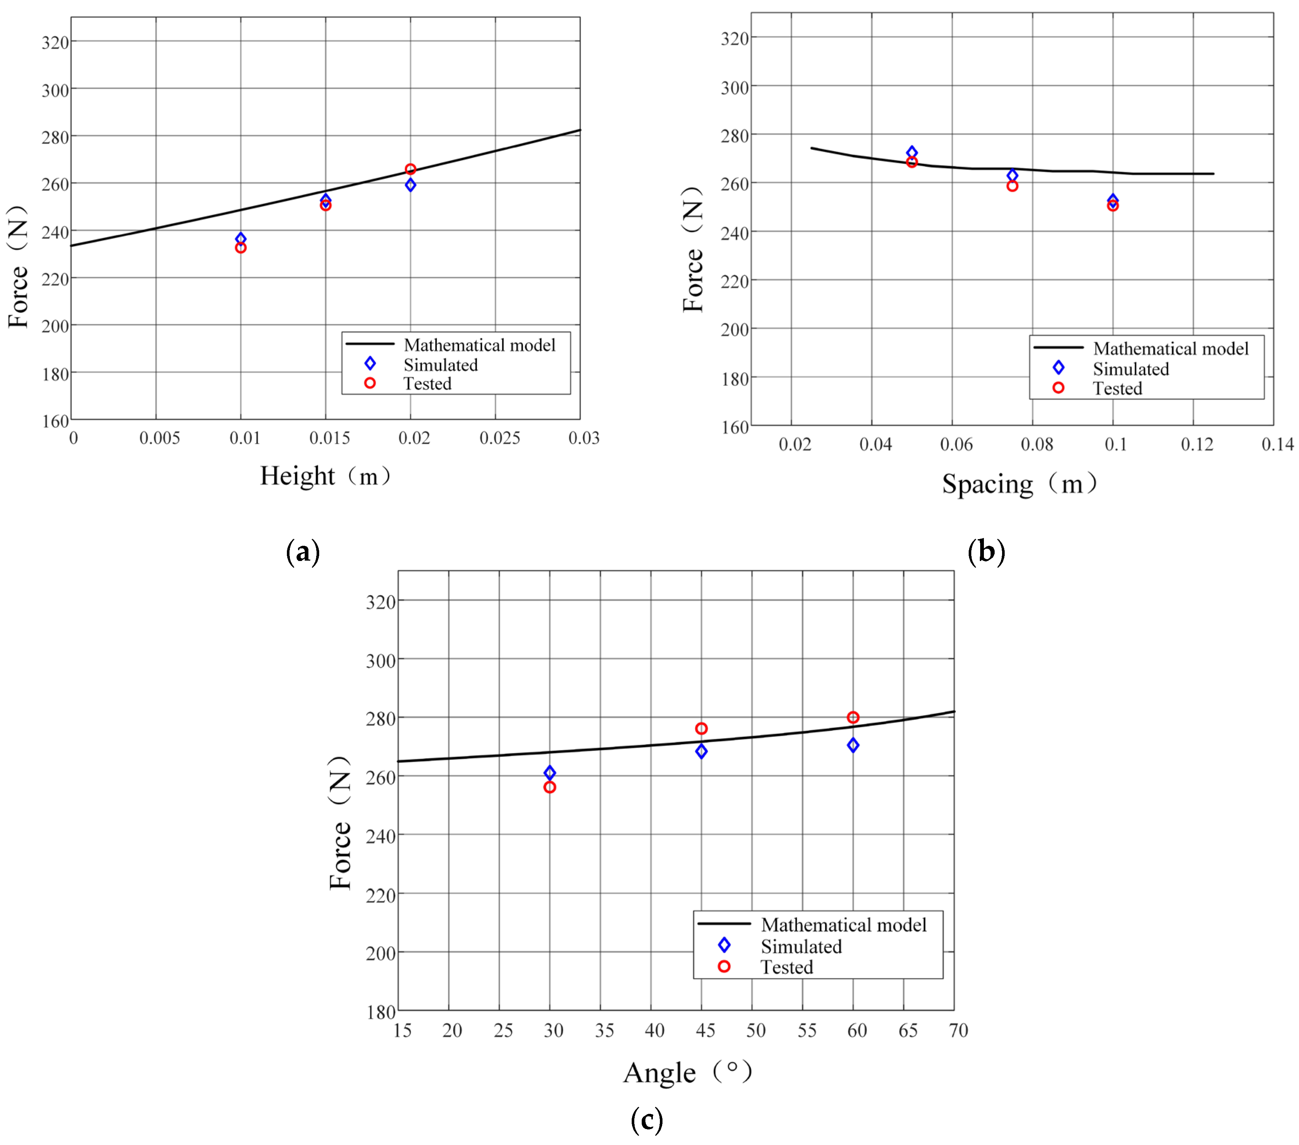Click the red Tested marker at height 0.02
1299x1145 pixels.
410,169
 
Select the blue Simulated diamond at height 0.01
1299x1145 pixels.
241,238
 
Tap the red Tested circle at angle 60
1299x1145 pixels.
853,717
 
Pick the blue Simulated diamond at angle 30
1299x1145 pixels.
550,772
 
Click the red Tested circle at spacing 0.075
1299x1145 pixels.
1012,186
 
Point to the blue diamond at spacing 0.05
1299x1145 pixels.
912,152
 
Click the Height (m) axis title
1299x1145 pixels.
325,476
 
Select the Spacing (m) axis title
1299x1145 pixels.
1020,483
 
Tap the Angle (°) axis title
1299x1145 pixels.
688,1073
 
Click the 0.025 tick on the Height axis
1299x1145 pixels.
500,438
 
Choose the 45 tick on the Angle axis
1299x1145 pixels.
705,1031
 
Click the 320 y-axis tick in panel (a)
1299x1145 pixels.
55,43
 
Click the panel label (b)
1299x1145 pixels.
986,551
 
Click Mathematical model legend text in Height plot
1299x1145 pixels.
479,345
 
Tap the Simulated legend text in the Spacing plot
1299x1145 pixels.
1131,369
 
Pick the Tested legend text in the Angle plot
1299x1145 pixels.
787,967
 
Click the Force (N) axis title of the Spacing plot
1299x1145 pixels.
693,249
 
